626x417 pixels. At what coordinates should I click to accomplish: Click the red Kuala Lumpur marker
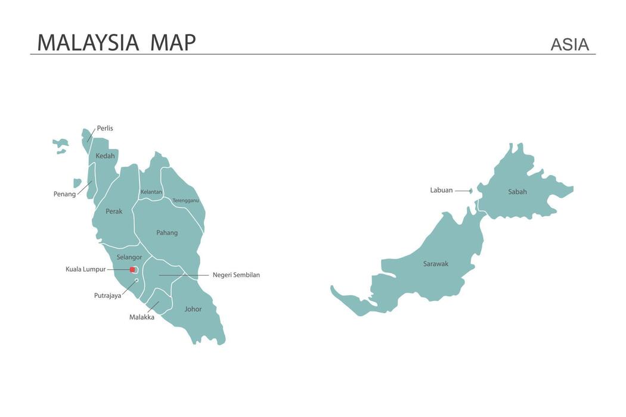click(132, 270)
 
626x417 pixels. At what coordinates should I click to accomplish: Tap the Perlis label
click(105, 128)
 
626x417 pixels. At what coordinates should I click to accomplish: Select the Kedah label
click(105, 156)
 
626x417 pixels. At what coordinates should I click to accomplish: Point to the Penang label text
click(64, 194)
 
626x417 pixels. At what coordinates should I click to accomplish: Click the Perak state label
click(114, 211)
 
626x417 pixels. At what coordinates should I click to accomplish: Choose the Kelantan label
click(151, 192)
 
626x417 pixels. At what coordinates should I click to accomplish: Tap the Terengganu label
click(185, 201)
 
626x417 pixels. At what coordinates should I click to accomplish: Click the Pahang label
click(167, 233)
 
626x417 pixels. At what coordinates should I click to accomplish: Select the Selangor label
click(129, 257)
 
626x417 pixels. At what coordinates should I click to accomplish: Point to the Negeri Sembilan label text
click(236, 275)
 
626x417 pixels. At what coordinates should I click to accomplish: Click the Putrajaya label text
click(107, 295)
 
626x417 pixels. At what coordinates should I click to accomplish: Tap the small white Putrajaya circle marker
click(137, 281)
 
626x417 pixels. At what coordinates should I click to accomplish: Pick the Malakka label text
click(142, 318)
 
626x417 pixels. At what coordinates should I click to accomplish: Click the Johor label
click(193, 309)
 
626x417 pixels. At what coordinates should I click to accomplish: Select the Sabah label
click(517, 192)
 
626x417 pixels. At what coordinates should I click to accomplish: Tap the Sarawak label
click(436, 264)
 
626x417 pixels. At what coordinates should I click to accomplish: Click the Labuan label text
click(441, 191)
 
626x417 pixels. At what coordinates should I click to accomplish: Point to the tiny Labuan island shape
click(470, 191)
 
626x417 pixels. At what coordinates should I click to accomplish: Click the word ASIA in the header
click(569, 45)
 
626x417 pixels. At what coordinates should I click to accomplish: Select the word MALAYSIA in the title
click(88, 43)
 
